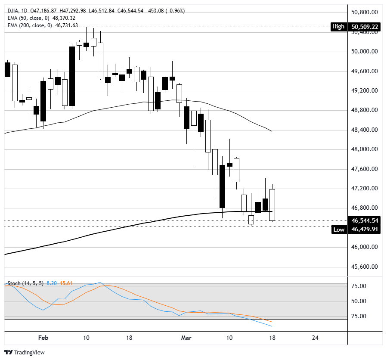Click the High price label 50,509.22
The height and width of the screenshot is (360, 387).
[x=365, y=27]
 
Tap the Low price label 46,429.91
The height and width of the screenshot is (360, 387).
[x=365, y=230]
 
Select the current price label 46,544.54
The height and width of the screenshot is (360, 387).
[x=365, y=220]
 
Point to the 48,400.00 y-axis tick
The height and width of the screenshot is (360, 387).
[x=365, y=130]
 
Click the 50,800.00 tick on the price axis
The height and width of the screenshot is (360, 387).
[x=365, y=12]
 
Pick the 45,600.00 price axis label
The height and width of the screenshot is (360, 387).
[x=365, y=267]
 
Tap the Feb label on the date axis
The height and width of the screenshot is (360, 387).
[x=43, y=338]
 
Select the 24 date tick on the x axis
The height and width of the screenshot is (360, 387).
[x=315, y=338]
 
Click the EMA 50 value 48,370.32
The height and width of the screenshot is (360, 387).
[x=63, y=18]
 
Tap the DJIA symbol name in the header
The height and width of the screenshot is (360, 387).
[x=14, y=11]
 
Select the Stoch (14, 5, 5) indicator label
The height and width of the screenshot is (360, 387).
[x=25, y=283]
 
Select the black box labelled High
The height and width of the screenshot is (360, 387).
[x=338, y=27]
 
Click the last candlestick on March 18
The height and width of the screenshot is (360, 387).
[x=272, y=205]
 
